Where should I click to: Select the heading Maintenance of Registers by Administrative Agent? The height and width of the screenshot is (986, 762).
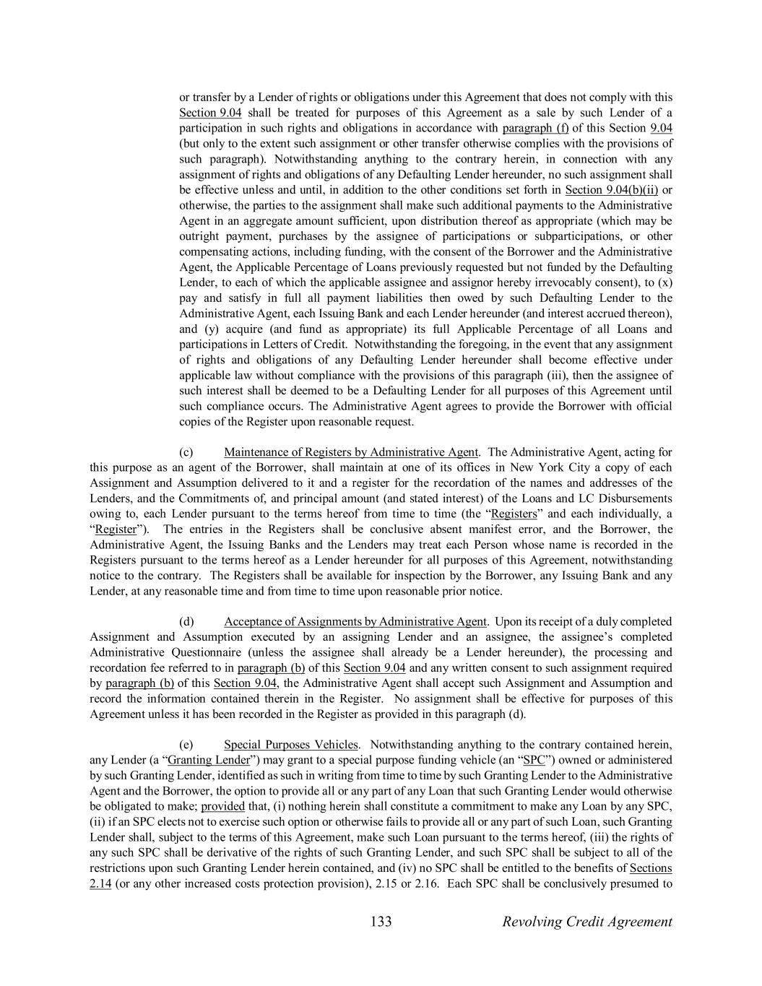(x=351, y=452)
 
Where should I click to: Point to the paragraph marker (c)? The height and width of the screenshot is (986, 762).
(x=186, y=452)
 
